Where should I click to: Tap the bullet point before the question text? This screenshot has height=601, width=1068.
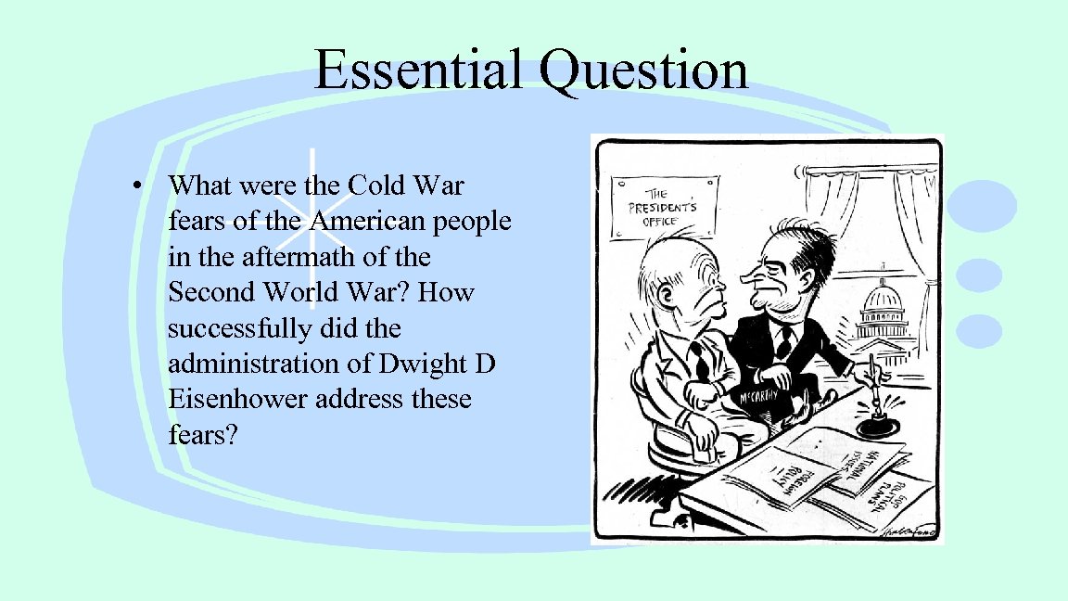[136, 185]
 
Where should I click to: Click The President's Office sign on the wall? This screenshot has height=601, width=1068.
[663, 202]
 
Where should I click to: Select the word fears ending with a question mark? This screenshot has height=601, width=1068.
[203, 434]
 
